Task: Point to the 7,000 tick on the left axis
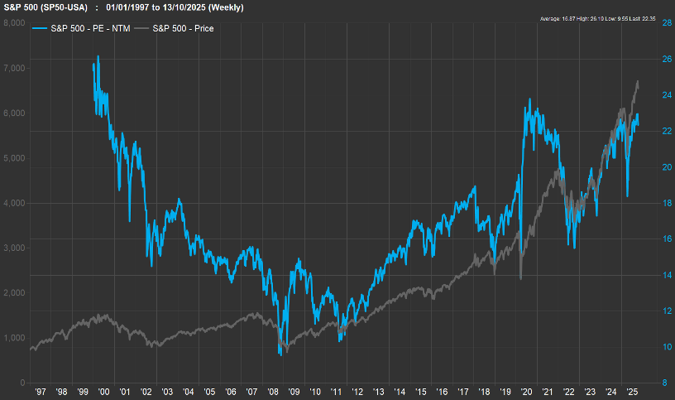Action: (x=13, y=68)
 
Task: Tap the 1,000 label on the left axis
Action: (x=13, y=338)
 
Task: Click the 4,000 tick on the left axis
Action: (x=13, y=203)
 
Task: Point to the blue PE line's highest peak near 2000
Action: (x=98, y=56)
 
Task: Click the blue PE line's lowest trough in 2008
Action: (x=280, y=355)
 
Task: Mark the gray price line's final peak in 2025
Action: (x=638, y=81)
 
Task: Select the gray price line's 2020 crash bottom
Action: (x=520, y=279)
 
